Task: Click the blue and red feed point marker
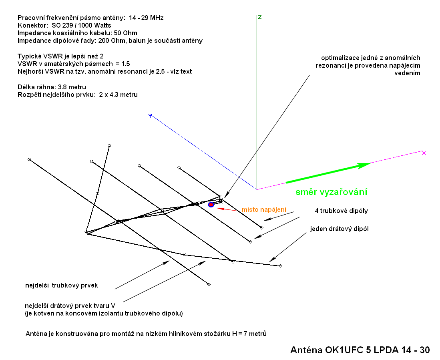coord(211,205)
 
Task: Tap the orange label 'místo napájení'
coord(264,210)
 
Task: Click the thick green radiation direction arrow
coord(328,173)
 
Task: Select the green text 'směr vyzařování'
coord(332,192)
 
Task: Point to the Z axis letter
coord(260,17)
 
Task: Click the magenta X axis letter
coord(424,153)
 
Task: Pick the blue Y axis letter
coord(150,116)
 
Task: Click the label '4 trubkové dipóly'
coord(341,211)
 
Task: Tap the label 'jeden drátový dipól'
coord(339,229)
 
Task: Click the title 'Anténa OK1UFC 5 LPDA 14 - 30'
coord(360,350)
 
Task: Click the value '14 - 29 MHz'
coord(146,18)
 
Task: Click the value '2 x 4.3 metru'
coord(119,95)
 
